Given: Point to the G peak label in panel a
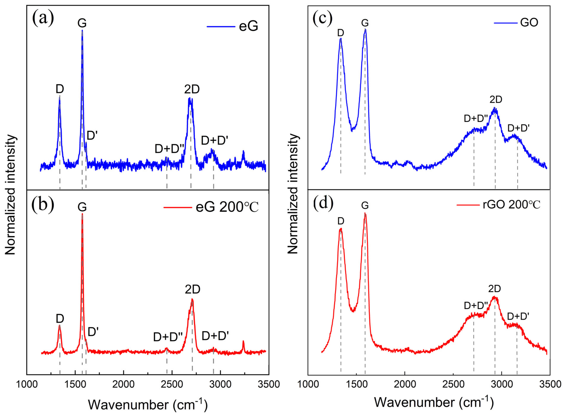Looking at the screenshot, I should coord(82,23).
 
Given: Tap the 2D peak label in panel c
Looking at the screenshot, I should coord(496,100).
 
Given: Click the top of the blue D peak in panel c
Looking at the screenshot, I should coord(341,39).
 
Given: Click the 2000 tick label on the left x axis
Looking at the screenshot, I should coord(123,384).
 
